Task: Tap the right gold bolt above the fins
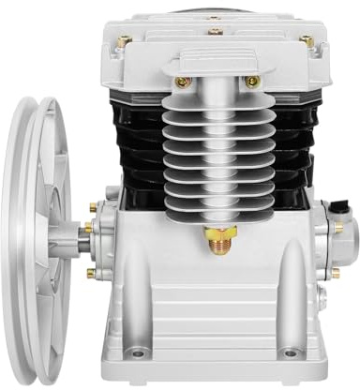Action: (x=250, y=82)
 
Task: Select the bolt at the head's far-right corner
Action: (x=307, y=41)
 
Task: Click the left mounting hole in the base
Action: (x=139, y=353)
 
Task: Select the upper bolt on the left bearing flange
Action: (x=93, y=207)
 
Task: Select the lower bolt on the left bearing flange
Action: (x=91, y=273)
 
